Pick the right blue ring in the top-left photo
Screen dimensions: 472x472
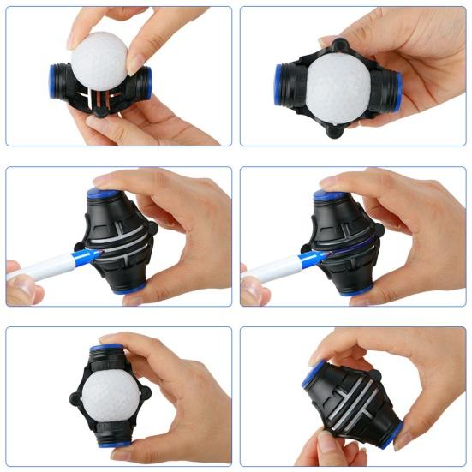point(148,83)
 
